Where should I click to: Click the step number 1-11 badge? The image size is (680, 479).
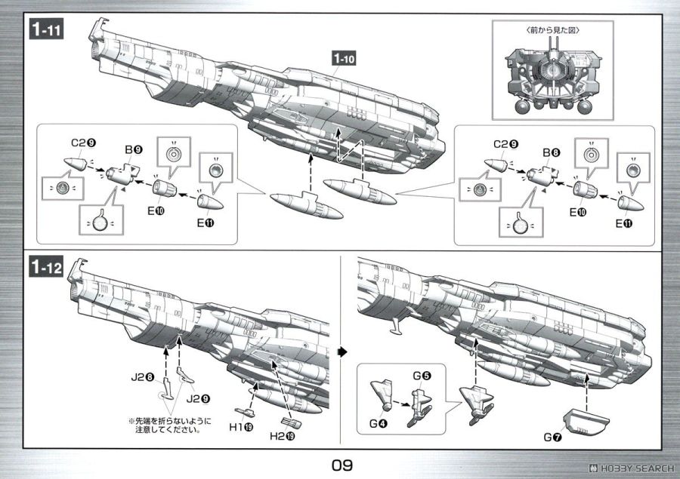[x=46, y=29]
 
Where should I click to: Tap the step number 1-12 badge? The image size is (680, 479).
[x=46, y=266]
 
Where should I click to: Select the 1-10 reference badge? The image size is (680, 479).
[x=344, y=58]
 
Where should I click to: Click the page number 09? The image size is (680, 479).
[x=342, y=465]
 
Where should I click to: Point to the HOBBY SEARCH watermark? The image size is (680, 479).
[x=632, y=468]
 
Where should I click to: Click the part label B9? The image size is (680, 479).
[x=134, y=150]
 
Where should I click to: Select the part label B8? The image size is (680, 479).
[x=552, y=152]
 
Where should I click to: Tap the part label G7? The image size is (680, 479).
[x=553, y=438]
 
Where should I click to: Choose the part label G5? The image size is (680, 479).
[x=422, y=376]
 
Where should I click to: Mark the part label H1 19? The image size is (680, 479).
[x=241, y=427]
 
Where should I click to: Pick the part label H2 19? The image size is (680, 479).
[x=283, y=436]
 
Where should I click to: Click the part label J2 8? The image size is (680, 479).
[x=143, y=377]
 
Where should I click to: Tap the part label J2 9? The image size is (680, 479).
[x=198, y=398]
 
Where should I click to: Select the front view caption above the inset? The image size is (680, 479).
[x=552, y=30]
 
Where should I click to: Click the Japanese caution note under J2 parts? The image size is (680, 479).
[x=169, y=425]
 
